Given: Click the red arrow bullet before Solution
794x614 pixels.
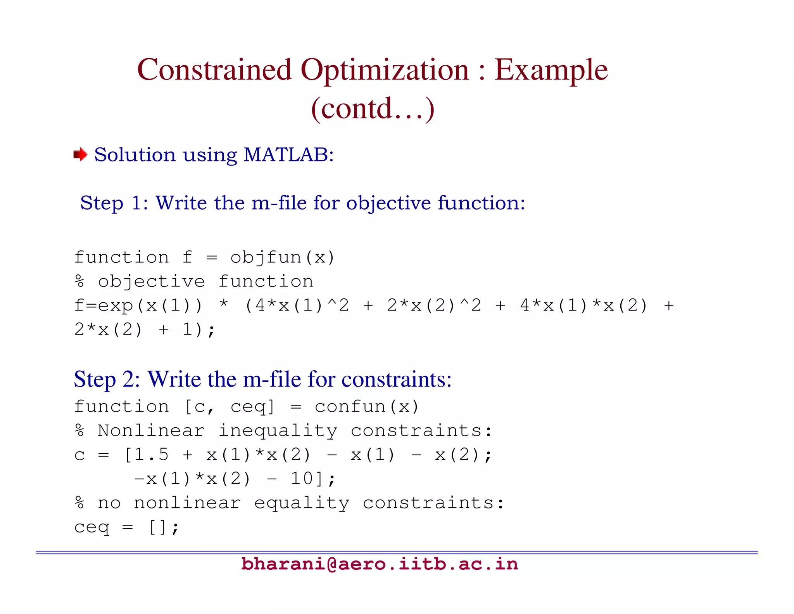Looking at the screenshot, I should pyautogui.click(x=80, y=154).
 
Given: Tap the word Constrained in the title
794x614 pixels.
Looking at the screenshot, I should pyautogui.click(x=214, y=70).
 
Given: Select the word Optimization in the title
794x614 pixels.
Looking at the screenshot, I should pyautogui.click(x=385, y=70).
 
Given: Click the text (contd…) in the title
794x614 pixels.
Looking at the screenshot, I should pyautogui.click(x=373, y=108).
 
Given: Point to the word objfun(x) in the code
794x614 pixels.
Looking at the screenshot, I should pyautogui.click(x=282, y=257).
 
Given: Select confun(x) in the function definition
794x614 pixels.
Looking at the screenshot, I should pyautogui.click(x=366, y=406).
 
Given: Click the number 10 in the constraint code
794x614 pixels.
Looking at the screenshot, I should pyautogui.click(x=302, y=479).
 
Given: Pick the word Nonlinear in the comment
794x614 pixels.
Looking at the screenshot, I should pyautogui.click(x=151, y=430).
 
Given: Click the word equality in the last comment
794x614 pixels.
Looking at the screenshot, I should pyautogui.click(x=302, y=503).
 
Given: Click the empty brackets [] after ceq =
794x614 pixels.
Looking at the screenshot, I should pyautogui.click(x=158, y=527).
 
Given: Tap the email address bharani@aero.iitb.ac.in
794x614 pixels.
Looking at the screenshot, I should pyautogui.click(x=379, y=564).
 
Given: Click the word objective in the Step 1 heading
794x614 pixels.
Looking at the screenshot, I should pyautogui.click(x=388, y=203).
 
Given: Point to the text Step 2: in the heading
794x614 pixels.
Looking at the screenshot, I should pyautogui.click(x=107, y=379).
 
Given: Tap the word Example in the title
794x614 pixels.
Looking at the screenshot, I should pyautogui.click(x=551, y=70).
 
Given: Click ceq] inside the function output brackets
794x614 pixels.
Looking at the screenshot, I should pyautogui.click(x=252, y=406).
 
